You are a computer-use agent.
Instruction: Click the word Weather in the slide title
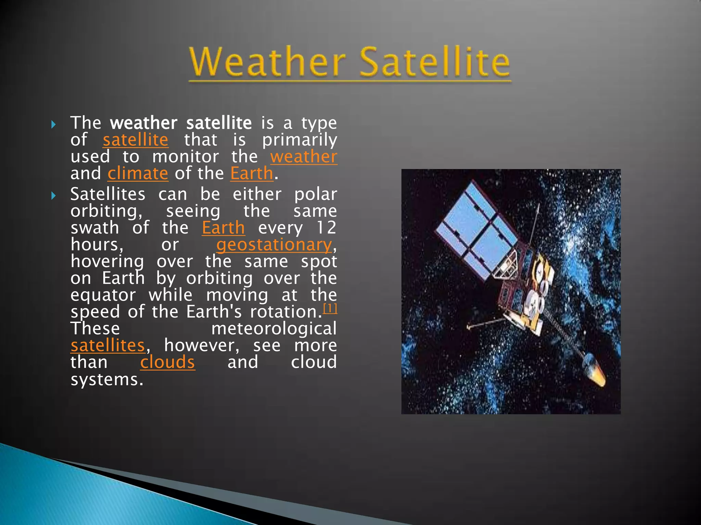(267, 62)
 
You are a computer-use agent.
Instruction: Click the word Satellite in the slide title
(435, 62)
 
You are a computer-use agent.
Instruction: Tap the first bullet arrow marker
(53, 124)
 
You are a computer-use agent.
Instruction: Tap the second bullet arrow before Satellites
(53, 196)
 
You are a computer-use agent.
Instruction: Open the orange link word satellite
(136, 140)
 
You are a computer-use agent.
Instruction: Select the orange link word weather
(304, 157)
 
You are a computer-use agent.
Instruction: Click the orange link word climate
(138, 174)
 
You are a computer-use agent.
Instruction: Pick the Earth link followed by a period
(252, 174)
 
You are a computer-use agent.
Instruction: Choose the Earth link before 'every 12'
(223, 228)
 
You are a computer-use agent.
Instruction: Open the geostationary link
(274, 245)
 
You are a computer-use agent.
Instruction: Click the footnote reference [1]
(330, 309)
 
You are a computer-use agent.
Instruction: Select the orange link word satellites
(108, 346)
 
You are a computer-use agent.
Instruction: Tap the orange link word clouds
(167, 362)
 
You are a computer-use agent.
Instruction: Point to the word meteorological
(274, 329)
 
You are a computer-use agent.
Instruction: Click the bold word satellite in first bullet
(219, 123)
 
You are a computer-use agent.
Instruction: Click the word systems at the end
(106, 379)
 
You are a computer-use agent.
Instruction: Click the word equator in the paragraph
(103, 295)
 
